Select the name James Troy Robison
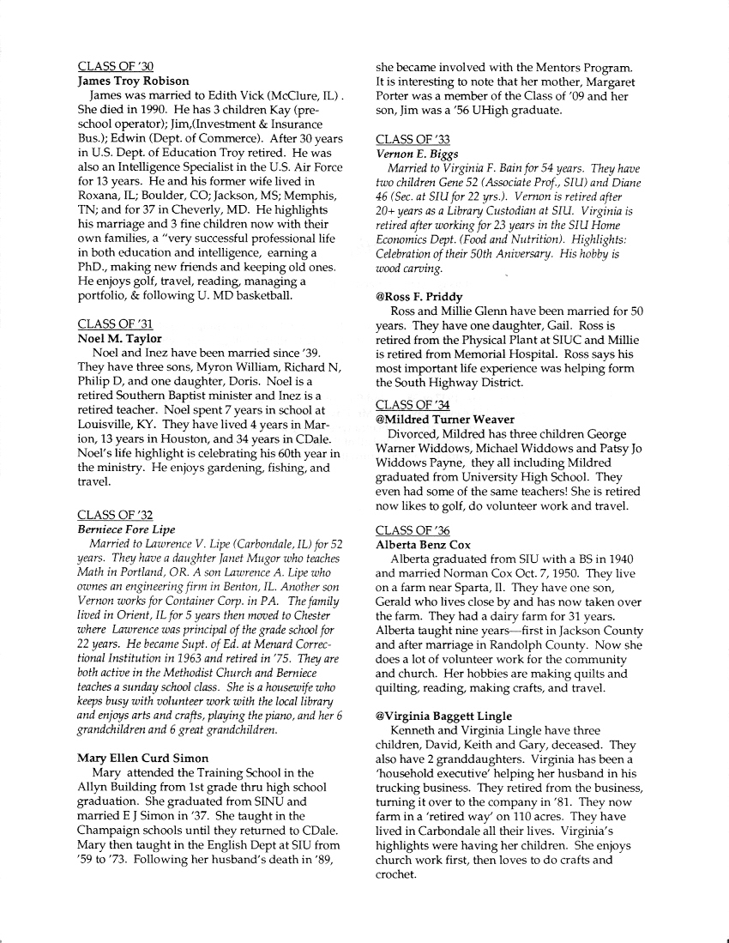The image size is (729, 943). [133, 81]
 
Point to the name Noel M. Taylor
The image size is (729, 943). [119, 338]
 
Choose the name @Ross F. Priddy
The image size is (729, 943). [419, 297]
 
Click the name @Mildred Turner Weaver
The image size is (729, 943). [445, 419]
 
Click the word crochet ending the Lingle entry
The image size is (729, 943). [395, 875]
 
